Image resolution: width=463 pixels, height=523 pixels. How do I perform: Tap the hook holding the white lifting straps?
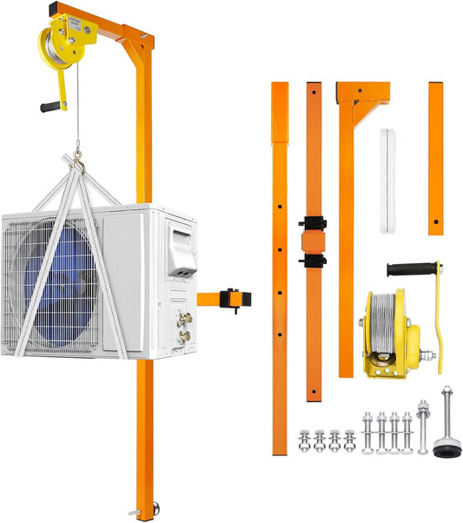tap(79, 161)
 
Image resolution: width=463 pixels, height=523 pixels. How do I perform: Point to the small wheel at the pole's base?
tap(154, 507)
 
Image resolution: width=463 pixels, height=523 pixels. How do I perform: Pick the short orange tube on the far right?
tap(435, 157)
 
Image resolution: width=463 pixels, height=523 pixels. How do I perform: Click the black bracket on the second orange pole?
tap(312, 241)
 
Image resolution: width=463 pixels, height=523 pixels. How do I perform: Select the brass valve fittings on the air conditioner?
tap(184, 327)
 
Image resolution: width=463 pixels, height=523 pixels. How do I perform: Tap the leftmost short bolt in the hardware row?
tap(304, 440)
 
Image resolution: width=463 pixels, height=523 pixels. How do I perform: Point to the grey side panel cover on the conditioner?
tap(182, 252)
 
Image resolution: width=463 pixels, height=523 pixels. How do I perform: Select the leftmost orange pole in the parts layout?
tap(279, 261)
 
